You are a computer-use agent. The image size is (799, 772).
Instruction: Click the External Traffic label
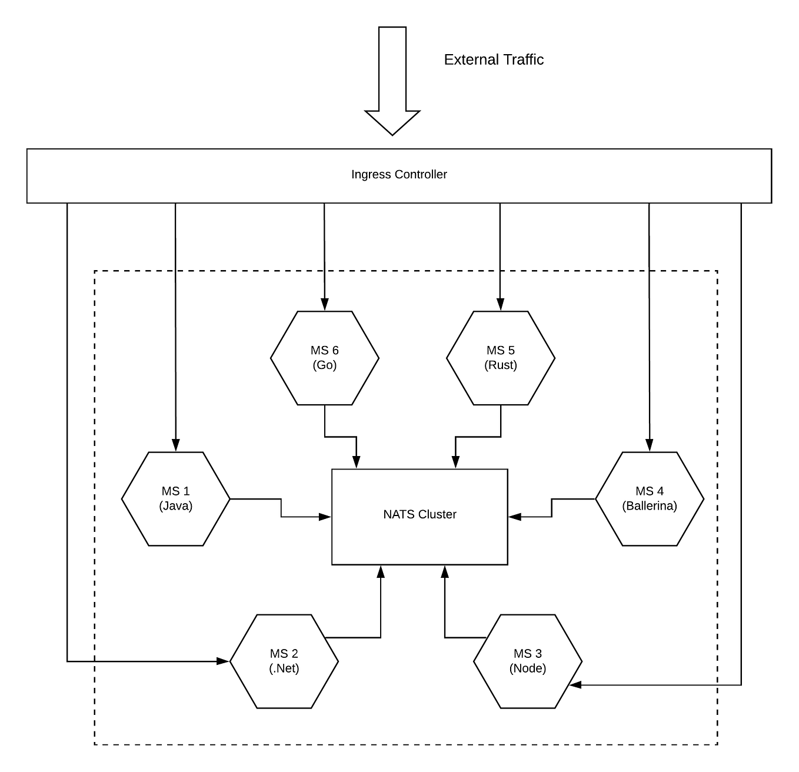click(x=493, y=59)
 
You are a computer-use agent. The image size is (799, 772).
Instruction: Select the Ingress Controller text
click(x=399, y=174)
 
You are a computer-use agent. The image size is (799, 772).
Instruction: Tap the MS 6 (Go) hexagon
click(x=325, y=358)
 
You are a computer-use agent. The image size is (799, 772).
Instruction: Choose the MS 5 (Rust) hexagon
click(x=501, y=358)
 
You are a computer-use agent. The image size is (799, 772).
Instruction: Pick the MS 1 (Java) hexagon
click(x=175, y=499)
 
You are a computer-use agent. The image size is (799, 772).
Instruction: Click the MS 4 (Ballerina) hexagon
click(x=650, y=499)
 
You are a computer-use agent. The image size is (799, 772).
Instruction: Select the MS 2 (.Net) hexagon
click(x=284, y=661)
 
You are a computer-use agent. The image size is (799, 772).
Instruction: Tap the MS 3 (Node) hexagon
click(x=528, y=661)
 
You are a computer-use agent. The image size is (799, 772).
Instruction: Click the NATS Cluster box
click(x=420, y=517)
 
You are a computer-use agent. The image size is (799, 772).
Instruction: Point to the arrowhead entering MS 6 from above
click(x=324, y=305)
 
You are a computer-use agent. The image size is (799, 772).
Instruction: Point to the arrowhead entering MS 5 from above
click(x=500, y=305)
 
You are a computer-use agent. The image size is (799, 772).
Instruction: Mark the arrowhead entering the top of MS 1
click(x=175, y=445)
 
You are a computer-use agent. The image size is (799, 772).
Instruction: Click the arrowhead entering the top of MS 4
click(x=650, y=445)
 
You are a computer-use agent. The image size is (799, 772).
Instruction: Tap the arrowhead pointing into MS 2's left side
click(x=223, y=661)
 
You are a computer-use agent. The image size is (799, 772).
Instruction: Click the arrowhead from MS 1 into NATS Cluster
click(x=325, y=517)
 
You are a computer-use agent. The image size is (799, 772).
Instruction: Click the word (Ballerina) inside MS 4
click(x=650, y=506)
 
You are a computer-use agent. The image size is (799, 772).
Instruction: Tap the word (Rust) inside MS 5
click(x=501, y=365)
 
